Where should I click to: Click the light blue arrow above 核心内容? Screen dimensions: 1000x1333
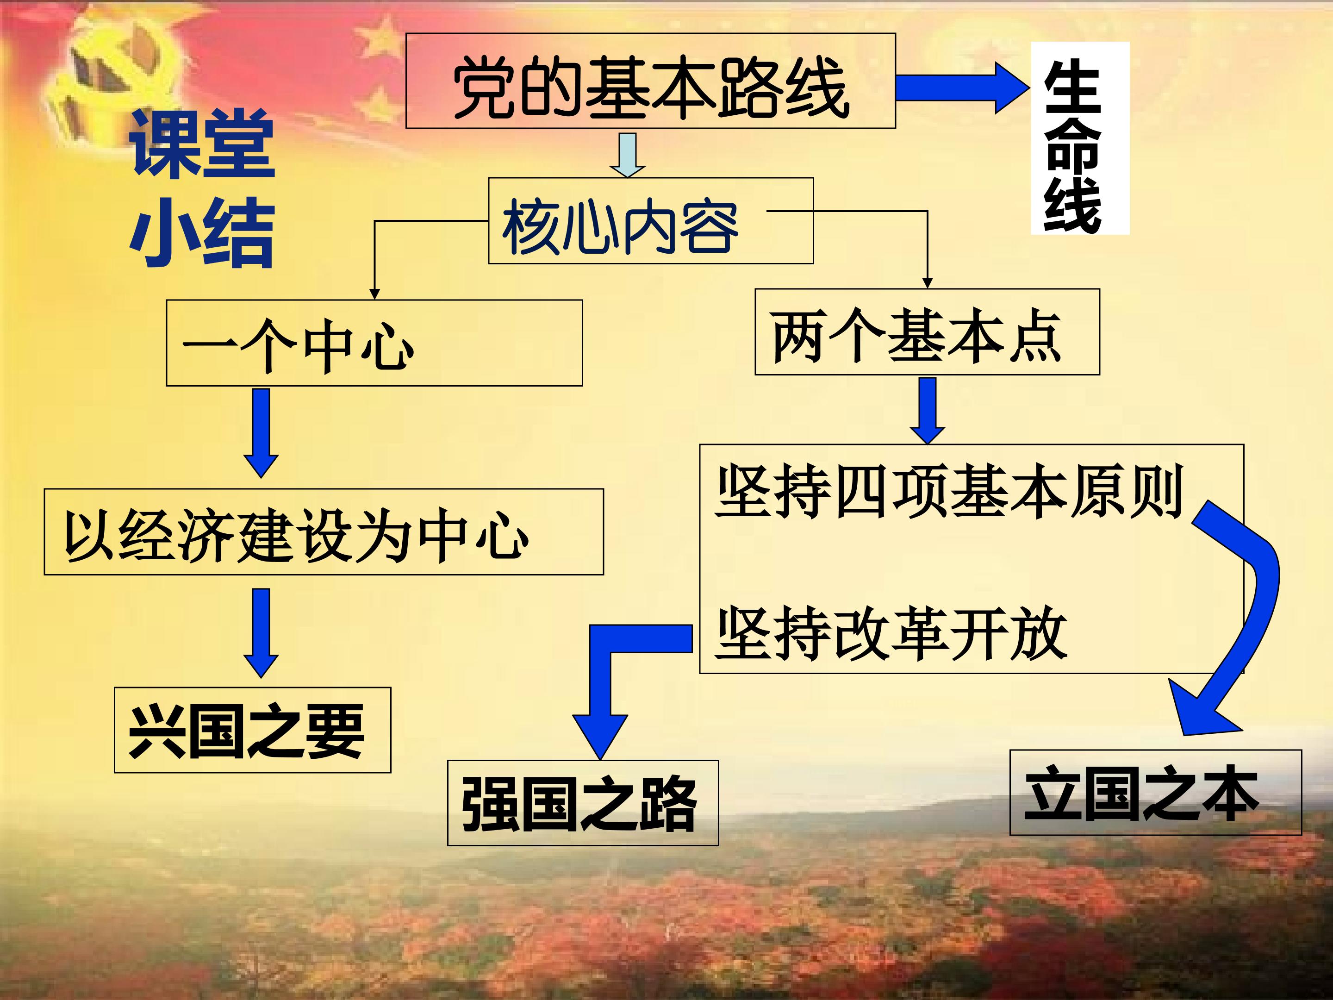click(627, 154)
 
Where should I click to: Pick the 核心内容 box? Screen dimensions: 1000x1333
click(650, 221)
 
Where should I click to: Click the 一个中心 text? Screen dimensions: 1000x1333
click(298, 347)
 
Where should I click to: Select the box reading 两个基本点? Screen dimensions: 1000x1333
click(926, 332)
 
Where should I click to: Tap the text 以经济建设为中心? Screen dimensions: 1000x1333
click(297, 534)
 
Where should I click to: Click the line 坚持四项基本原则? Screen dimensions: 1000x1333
click(949, 491)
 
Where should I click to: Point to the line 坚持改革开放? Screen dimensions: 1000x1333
click(892, 633)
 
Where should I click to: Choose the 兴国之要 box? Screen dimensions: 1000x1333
click(253, 730)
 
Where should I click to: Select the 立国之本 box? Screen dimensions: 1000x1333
click(1155, 793)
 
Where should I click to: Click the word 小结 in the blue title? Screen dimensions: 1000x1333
click(202, 232)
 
